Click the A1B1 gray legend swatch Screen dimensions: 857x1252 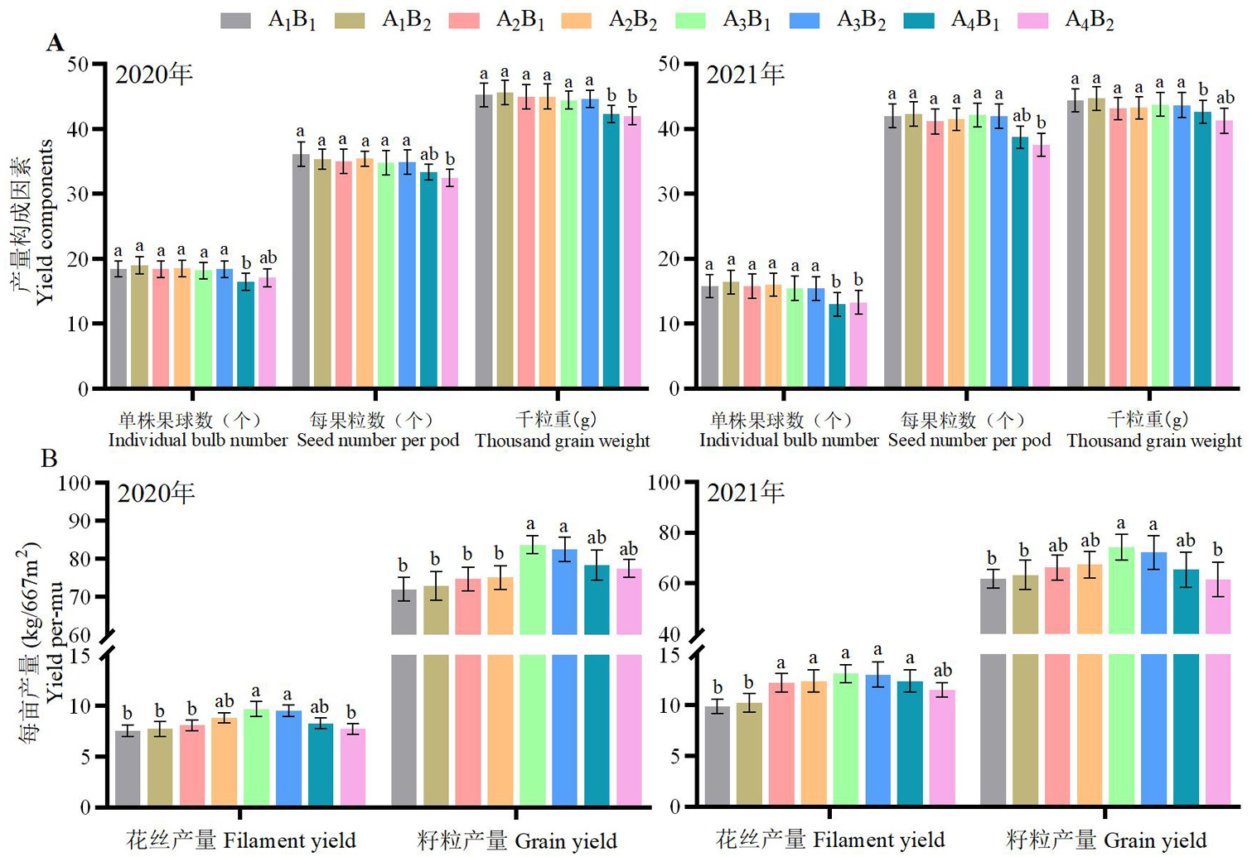pos(235,21)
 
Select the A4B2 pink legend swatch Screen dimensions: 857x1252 pos(1032,21)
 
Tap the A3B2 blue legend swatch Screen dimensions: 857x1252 pos(805,21)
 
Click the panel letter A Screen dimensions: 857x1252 pos(56,43)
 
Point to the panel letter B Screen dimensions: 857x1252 pos(49,458)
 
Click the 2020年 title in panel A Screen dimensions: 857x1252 pos(153,75)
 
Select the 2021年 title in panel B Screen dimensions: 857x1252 pos(745,493)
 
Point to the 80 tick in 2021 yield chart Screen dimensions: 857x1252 pos(670,532)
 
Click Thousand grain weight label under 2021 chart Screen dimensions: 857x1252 pos(1153,441)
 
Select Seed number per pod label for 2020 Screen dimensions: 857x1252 pos(378,441)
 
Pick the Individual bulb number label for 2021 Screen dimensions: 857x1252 pos(788,441)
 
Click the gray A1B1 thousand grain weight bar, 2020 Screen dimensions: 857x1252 pos(484,240)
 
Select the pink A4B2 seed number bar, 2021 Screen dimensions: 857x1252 pos(1041,265)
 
